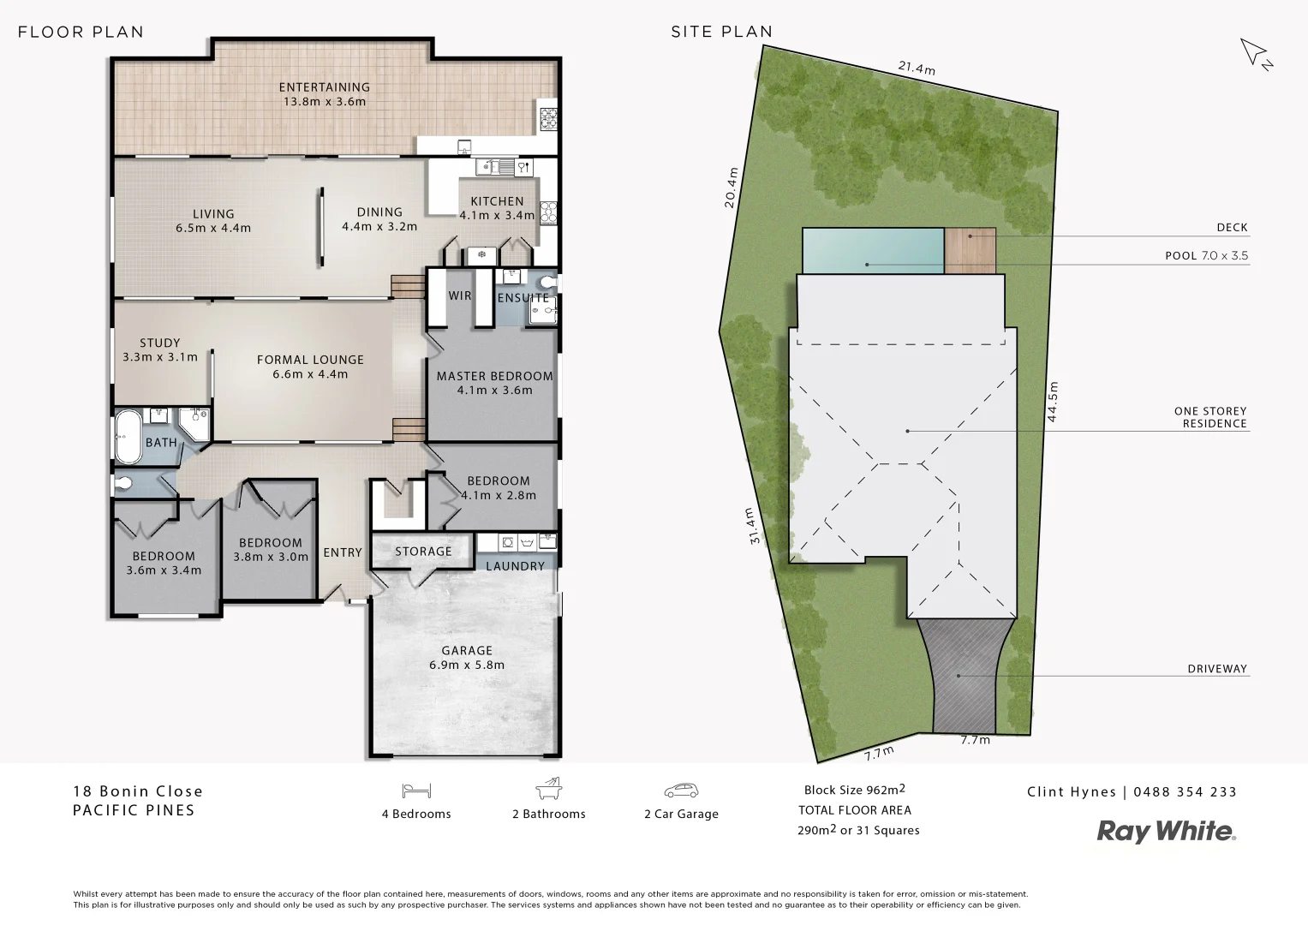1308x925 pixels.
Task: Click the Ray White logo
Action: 1166,831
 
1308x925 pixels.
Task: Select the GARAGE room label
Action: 466,651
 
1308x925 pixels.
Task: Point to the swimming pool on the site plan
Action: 873,250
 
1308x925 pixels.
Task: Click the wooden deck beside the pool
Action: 971,250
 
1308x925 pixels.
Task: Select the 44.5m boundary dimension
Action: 1053,401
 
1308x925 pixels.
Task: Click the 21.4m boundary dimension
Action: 916,68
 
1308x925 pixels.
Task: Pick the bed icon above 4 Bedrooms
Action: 415,790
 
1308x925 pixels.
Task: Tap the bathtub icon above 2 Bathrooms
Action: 548,789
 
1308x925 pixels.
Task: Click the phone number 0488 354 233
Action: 1185,792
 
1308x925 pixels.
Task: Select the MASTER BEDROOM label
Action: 494,376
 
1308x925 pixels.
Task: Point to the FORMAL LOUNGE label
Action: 310,360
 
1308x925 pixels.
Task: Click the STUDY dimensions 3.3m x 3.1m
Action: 160,357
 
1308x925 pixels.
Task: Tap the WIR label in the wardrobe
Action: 460,295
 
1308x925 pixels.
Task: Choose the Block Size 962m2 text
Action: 854,790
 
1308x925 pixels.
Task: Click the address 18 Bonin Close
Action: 138,791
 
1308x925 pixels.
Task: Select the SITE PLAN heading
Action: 721,32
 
